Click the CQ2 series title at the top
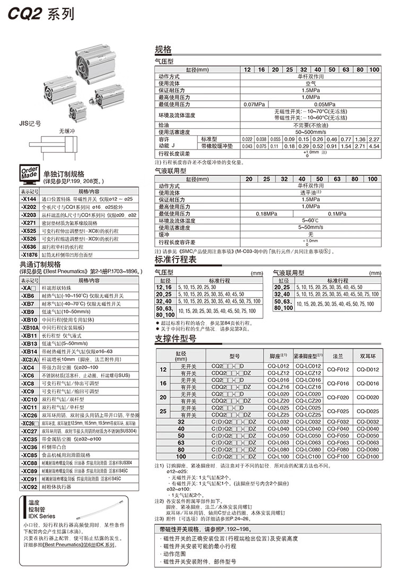[40, 14]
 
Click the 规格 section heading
[163, 49]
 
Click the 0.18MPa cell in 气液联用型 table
[266, 213]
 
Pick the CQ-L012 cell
[279, 366]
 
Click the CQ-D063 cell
[368, 443]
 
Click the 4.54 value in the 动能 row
[374, 146]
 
